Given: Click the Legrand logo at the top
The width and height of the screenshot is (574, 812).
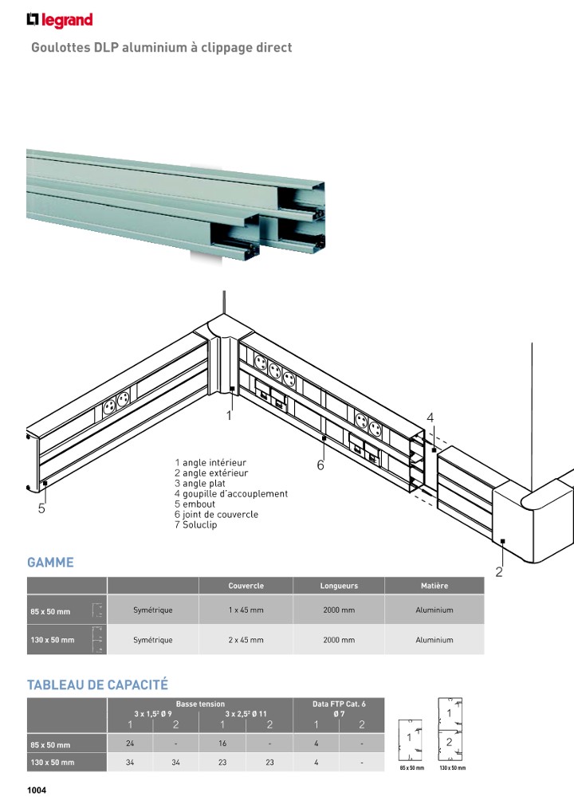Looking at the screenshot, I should pyautogui.click(x=60, y=20).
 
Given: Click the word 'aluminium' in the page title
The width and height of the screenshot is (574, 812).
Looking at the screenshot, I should pyautogui.click(x=158, y=48).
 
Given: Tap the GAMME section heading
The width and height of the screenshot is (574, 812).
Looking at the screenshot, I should pyautogui.click(x=50, y=563).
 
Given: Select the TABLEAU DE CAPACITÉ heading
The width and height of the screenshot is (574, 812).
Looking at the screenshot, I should pyautogui.click(x=97, y=685).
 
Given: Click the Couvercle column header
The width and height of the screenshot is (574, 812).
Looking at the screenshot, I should pyautogui.click(x=246, y=586).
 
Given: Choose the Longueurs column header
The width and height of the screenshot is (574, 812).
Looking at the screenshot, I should pyautogui.click(x=339, y=586).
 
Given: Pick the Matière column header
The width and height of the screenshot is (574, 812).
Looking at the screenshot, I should pyautogui.click(x=434, y=586).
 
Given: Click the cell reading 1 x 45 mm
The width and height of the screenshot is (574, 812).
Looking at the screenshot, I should pyautogui.click(x=246, y=610).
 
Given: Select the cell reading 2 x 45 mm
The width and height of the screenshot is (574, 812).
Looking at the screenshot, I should pyautogui.click(x=246, y=640).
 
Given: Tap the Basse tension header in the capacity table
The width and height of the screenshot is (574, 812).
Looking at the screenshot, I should pyautogui.click(x=200, y=704).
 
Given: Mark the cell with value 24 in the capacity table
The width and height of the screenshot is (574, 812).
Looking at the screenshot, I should pyautogui.click(x=130, y=744).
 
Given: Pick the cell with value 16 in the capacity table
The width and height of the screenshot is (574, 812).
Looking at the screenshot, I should pyautogui.click(x=222, y=744).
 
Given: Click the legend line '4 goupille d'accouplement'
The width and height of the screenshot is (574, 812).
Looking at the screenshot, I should pyautogui.click(x=231, y=494).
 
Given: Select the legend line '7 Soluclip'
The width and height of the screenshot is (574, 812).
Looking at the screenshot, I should pyautogui.click(x=195, y=525).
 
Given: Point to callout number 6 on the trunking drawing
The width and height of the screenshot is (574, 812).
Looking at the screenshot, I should pyautogui.click(x=320, y=465).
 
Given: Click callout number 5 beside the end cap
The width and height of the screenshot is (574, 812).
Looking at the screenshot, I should pyautogui.click(x=41, y=509).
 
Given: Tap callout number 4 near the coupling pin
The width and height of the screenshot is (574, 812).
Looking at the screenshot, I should pyautogui.click(x=430, y=418).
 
